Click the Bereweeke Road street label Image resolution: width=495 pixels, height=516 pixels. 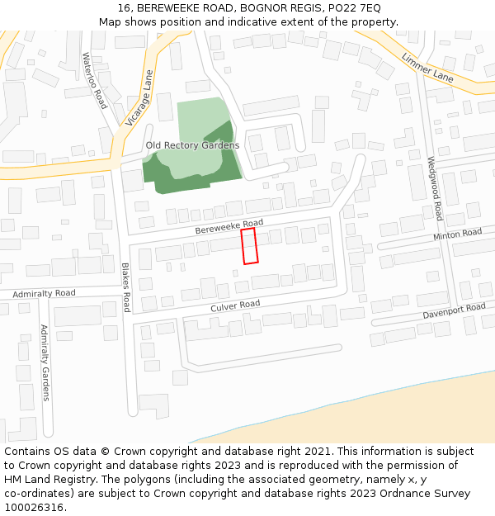pyautogui.click(x=229, y=227)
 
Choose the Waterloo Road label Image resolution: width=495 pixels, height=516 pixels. pyautogui.click(x=94, y=81)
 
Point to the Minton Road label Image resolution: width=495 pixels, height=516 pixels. pyautogui.click(x=458, y=235)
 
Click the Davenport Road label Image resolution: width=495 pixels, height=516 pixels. pyautogui.click(x=455, y=312)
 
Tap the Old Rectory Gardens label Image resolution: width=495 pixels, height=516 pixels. pyautogui.click(x=192, y=145)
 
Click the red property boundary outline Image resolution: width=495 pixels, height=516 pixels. pyautogui.click(x=249, y=246)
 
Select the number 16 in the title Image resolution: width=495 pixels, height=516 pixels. pyautogui.click(x=121, y=7)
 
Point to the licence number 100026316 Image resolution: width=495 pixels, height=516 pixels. pyautogui.click(x=34, y=508)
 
